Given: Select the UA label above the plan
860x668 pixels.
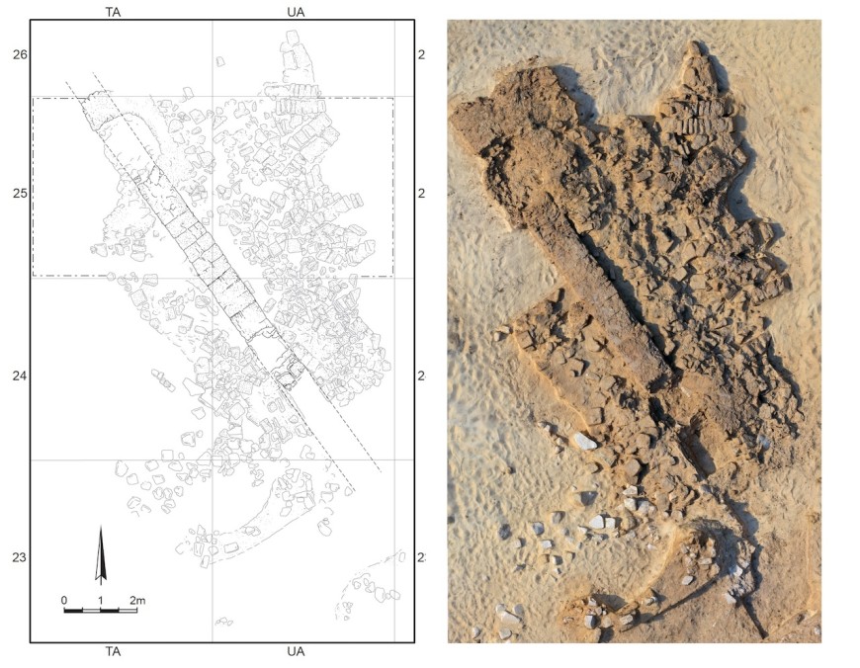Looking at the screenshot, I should coord(296,10).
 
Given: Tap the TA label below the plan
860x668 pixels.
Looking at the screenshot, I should coord(114,652).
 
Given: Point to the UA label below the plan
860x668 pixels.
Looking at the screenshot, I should coord(296,652).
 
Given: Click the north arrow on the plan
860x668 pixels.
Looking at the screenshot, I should coord(100,555).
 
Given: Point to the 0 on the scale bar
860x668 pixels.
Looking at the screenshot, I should coord(64,600).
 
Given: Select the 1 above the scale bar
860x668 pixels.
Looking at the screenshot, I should coord(100,600).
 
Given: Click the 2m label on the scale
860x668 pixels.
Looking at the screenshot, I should coord(137,600).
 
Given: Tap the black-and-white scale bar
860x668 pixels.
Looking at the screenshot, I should coord(100,610).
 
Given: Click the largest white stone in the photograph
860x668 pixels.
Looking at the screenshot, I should coord(585,442).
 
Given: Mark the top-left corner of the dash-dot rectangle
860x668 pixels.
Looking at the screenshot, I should coord(33,98).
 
